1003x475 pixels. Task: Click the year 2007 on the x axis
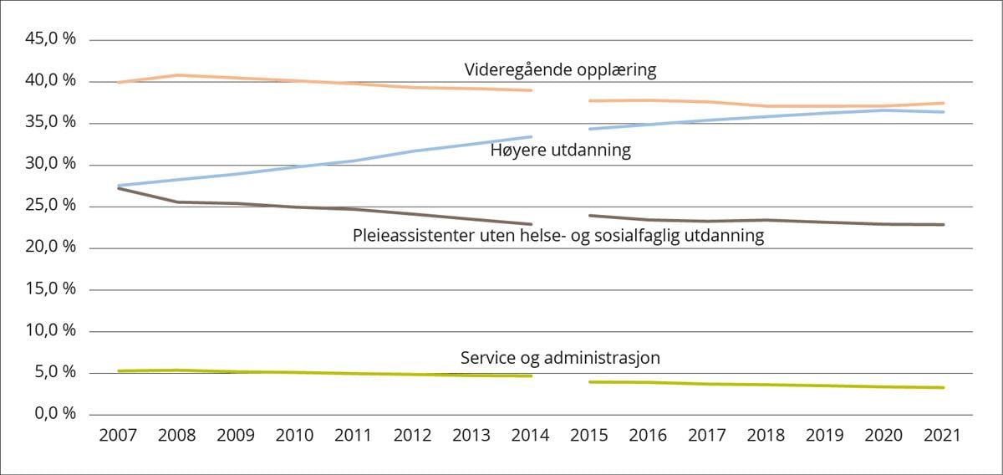(118, 436)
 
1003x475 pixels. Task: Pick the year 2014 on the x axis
(530, 436)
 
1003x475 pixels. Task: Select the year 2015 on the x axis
(589, 436)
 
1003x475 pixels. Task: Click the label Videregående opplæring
(560, 70)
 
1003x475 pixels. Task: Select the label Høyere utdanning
(560, 151)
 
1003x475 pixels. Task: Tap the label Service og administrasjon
(560, 358)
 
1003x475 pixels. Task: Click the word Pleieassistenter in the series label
(407, 236)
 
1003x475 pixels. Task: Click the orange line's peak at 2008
(177, 75)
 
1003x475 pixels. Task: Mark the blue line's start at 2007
(119, 186)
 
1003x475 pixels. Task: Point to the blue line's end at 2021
(944, 112)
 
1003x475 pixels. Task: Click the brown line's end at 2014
(532, 224)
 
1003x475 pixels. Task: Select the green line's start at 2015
(590, 381)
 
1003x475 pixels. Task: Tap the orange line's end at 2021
(944, 103)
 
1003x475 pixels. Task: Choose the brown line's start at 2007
(119, 188)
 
